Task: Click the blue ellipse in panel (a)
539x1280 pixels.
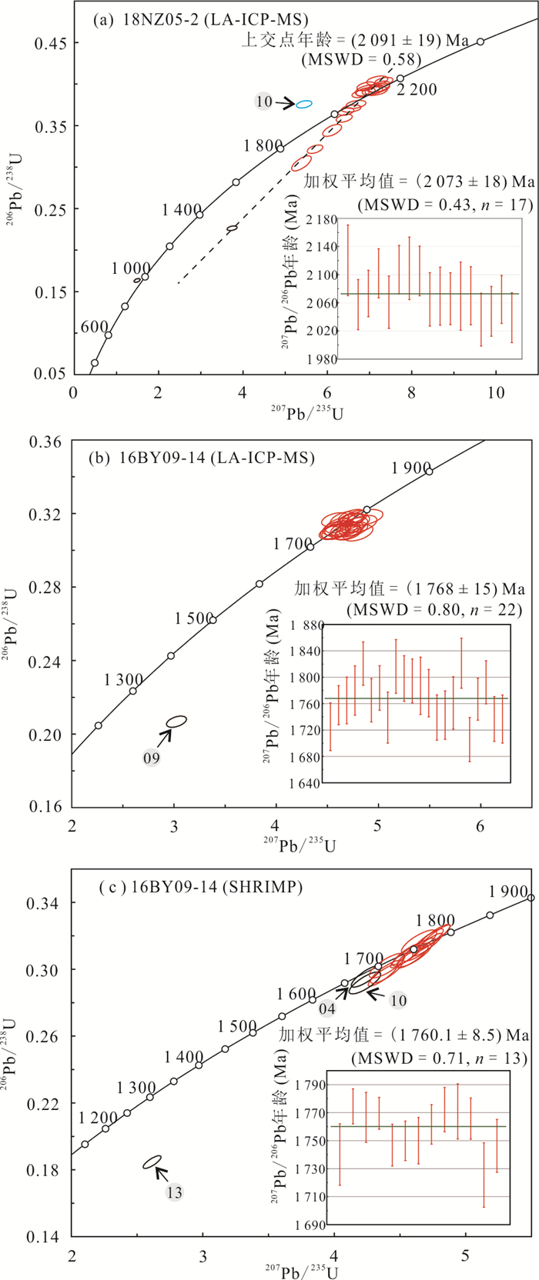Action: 304,104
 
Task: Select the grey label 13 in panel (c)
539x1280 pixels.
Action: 174,1192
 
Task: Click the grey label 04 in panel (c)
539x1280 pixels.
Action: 327,1008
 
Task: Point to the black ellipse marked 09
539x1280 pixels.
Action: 177,722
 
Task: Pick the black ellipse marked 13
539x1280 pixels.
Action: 152,1162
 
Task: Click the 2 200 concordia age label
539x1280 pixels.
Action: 417,90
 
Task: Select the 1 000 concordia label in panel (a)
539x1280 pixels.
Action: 131,268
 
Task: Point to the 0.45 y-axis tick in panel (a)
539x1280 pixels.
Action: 50,43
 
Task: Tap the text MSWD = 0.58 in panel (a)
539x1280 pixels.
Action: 361,59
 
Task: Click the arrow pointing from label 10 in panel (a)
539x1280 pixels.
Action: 285,102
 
